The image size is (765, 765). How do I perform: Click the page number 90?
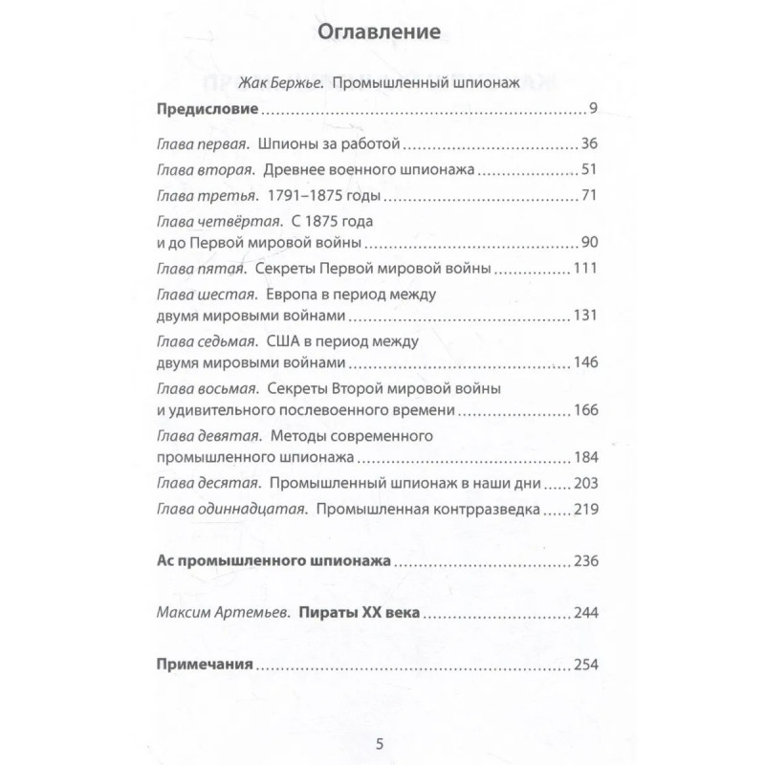(588, 240)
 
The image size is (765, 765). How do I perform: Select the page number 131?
(583, 316)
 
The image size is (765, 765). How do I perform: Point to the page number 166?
(583, 411)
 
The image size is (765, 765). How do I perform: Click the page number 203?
(583, 483)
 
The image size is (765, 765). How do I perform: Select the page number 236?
(583, 560)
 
